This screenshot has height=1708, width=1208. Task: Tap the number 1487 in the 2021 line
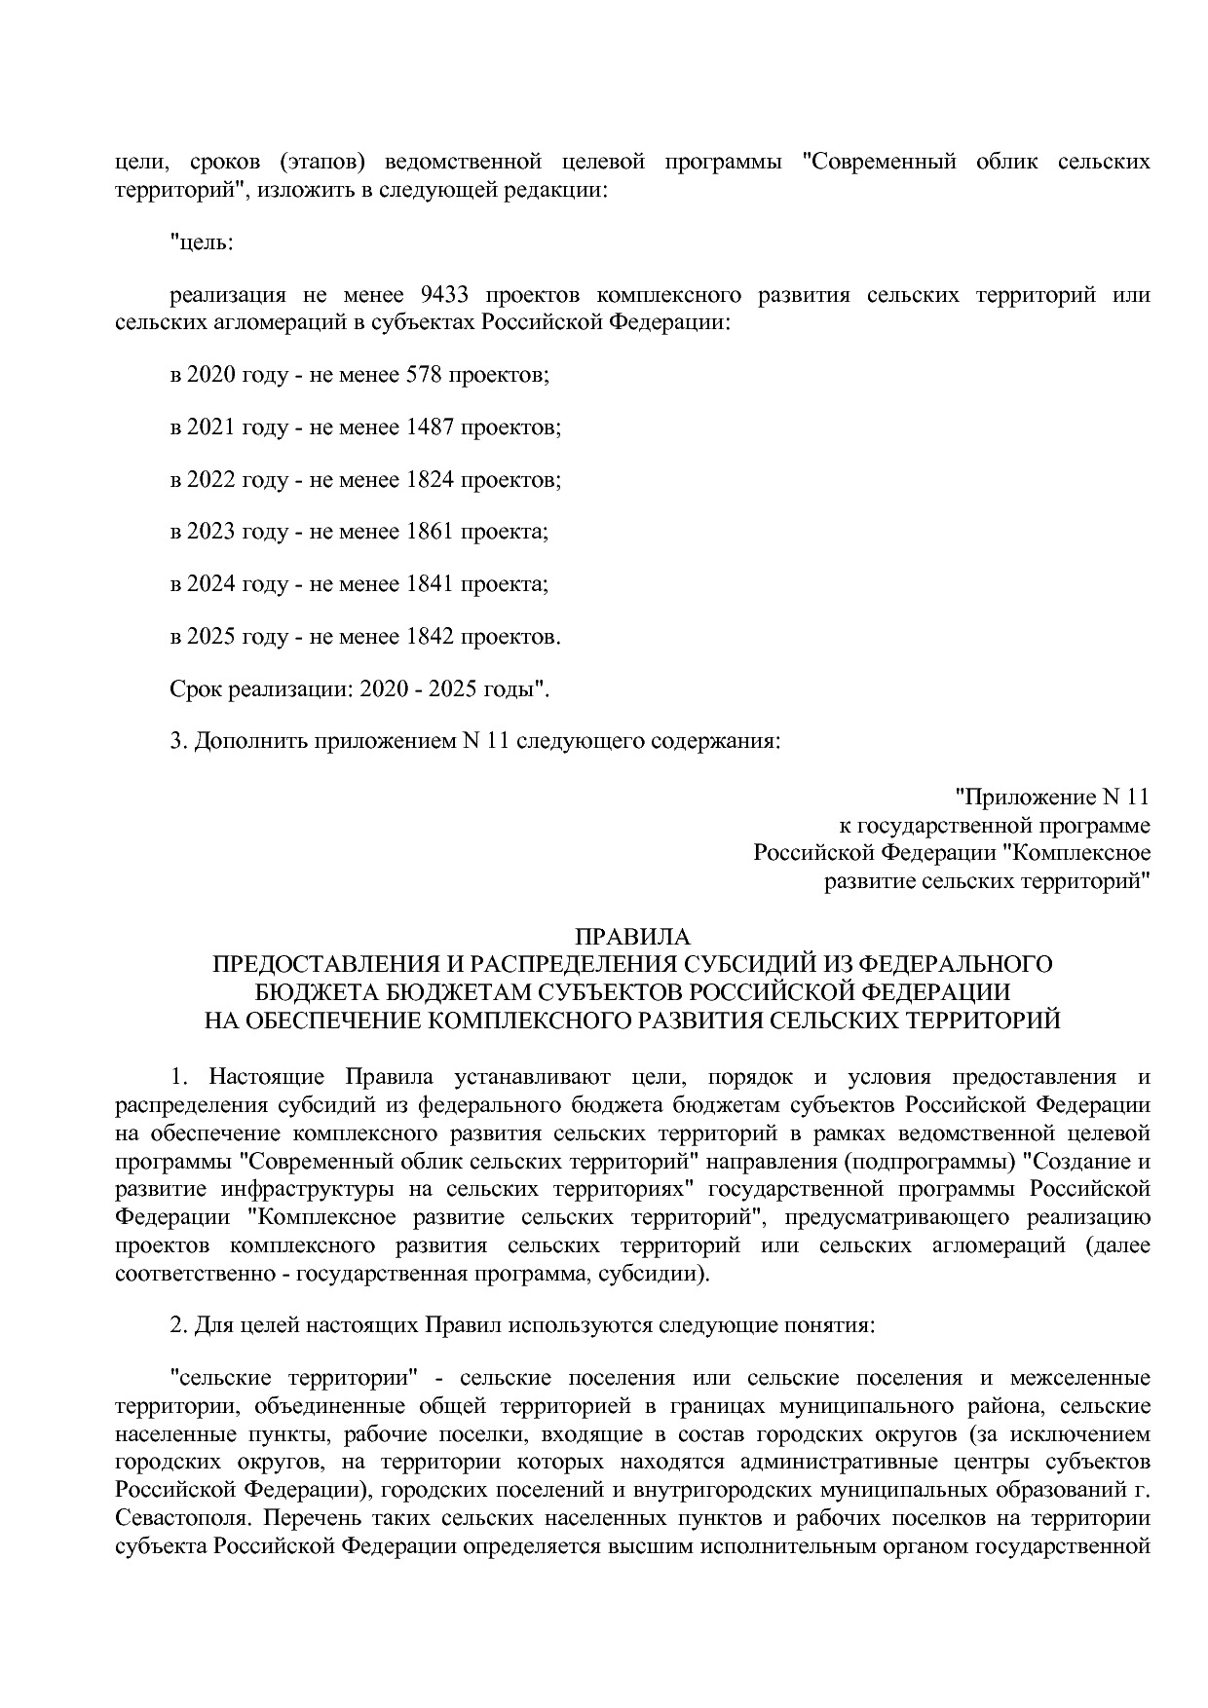(x=427, y=427)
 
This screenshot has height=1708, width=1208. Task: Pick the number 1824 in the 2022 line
(x=427, y=479)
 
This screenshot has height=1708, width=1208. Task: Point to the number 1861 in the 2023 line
(x=427, y=532)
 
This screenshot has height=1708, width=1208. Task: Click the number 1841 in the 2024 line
(x=427, y=584)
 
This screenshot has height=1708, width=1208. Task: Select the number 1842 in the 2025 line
(x=427, y=637)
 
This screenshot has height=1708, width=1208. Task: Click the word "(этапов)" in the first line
(x=321, y=162)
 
